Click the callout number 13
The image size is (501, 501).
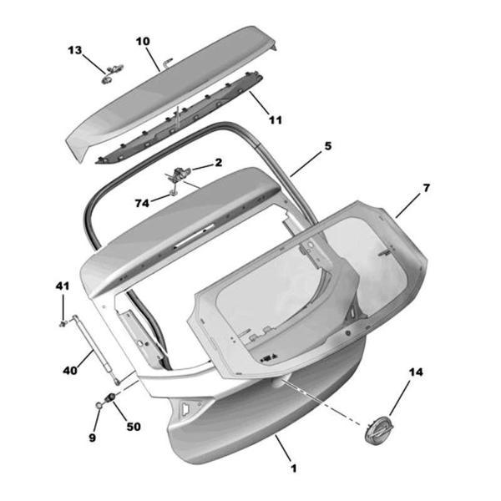click(x=75, y=51)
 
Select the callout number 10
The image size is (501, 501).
click(x=142, y=40)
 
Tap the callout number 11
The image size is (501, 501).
click(x=276, y=120)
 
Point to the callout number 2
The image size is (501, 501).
click(x=219, y=163)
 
